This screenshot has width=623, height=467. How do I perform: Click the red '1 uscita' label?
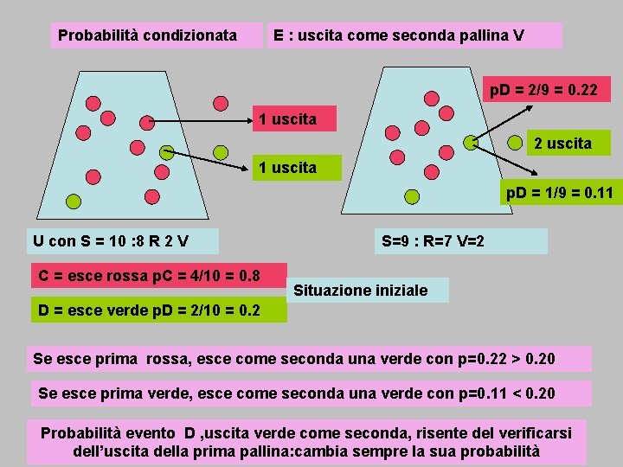point(288,118)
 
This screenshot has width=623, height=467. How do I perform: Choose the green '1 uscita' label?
point(288,167)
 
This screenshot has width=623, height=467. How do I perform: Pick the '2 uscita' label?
point(562,143)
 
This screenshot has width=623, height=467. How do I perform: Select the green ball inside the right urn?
point(470,140)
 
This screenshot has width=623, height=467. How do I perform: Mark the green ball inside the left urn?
point(74,202)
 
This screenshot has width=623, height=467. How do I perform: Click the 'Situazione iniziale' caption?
point(360,290)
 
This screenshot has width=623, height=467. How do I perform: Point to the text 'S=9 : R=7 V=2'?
point(433,240)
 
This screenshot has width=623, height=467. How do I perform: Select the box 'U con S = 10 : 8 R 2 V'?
point(111,240)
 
